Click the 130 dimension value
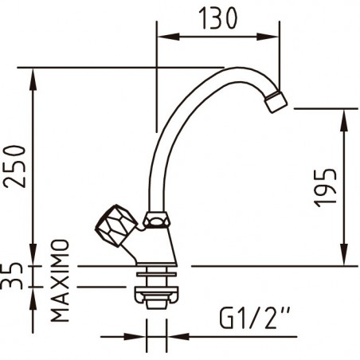217,18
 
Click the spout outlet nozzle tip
276,102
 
